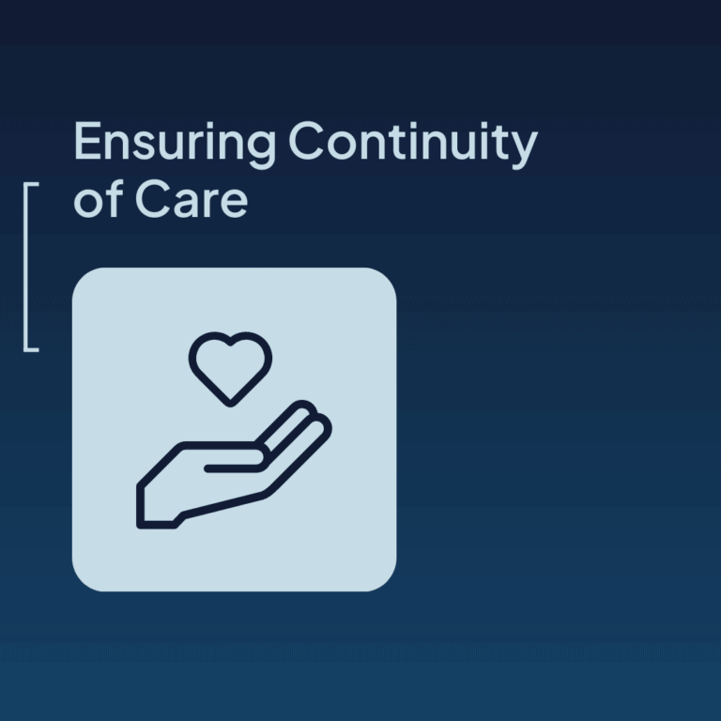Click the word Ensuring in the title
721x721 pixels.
175,145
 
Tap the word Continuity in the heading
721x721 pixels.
413,145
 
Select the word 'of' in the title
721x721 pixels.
99,198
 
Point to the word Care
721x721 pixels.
192,199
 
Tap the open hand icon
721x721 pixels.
234,465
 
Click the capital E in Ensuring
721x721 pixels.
87,141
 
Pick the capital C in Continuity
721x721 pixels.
307,140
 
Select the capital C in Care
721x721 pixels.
154,199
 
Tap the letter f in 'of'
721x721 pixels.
115,198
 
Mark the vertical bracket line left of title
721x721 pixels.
25,267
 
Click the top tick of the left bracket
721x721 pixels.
31,184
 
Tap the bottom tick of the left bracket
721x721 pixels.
31,350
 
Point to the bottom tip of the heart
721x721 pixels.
230,405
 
